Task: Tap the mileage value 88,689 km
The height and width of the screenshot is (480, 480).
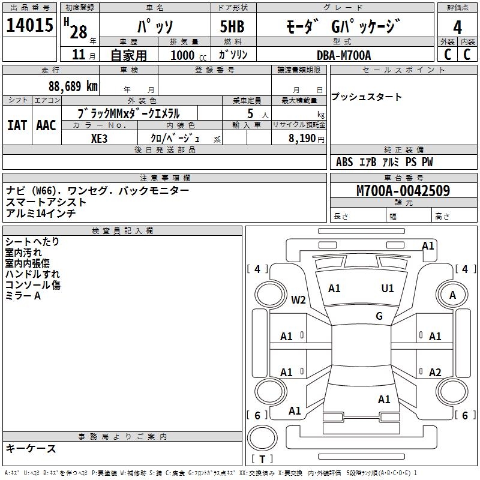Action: [x=73, y=86]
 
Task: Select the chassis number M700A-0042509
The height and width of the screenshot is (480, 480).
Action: [x=403, y=191]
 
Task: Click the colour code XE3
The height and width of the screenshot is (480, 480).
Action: [x=100, y=138]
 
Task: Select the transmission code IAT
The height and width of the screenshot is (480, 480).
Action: [x=17, y=125]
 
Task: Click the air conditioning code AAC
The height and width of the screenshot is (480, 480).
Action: [x=46, y=125]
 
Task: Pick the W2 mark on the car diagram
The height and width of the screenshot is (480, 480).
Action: [x=298, y=299]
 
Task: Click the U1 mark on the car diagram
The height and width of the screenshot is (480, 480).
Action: [x=388, y=289]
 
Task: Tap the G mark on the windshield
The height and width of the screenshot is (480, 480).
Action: [x=379, y=316]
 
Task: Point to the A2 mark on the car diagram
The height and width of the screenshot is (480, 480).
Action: [x=435, y=372]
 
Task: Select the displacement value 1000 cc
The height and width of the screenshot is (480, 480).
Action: [x=187, y=55]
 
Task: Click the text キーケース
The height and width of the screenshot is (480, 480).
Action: [x=31, y=448]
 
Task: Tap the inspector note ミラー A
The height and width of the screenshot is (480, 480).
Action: [x=23, y=296]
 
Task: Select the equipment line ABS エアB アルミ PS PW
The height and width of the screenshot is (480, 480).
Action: [x=384, y=162]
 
